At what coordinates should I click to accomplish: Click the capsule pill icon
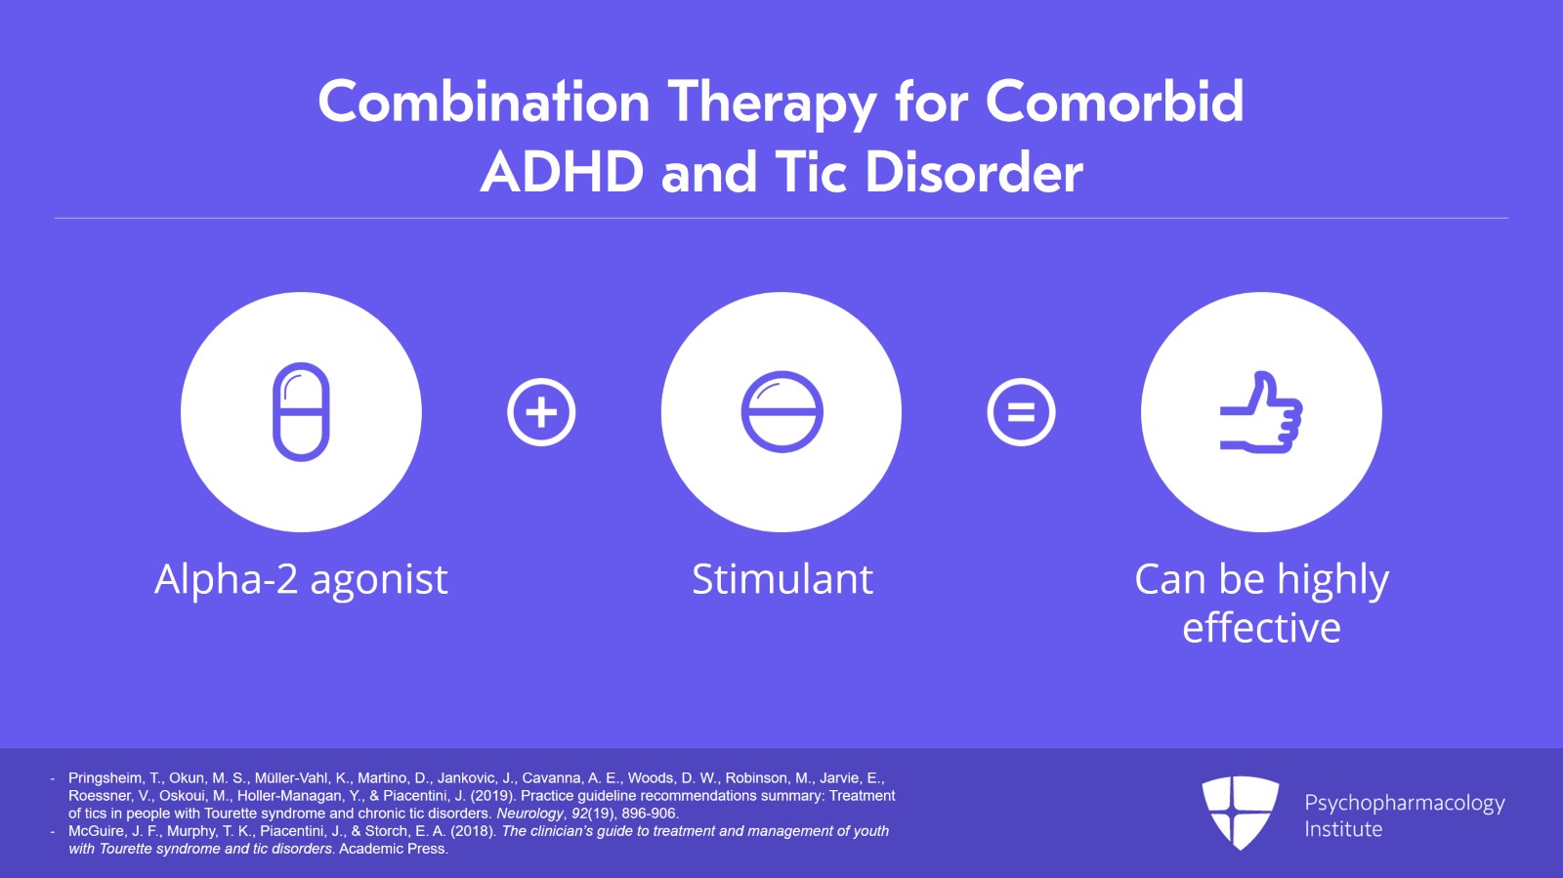[301, 411]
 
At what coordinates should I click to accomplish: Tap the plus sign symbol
[541, 412]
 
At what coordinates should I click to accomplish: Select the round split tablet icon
[781, 411]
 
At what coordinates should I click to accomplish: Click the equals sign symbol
[1021, 412]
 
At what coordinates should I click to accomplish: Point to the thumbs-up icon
[1261, 412]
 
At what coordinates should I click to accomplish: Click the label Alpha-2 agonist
[301, 579]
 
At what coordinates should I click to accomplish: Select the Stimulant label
[781, 579]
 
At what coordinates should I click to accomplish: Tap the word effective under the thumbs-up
[1261, 628]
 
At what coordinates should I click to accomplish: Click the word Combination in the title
[484, 102]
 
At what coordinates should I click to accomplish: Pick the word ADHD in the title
[562, 173]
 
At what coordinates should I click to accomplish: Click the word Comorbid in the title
[1114, 102]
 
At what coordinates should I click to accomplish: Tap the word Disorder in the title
[974, 173]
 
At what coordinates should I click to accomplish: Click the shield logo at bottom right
[1240, 812]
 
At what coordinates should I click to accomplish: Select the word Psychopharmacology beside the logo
[1404, 803]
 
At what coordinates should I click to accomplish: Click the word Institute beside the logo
[1343, 829]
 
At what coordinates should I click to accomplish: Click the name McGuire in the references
[95, 831]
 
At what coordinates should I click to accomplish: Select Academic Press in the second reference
[394, 849]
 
